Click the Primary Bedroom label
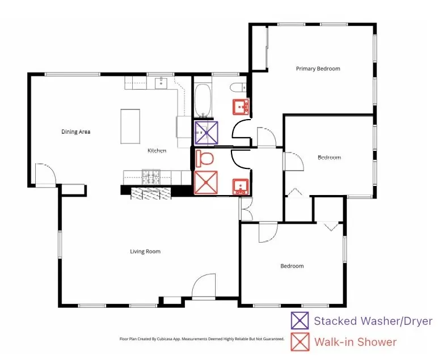(318, 69)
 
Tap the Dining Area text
(75, 132)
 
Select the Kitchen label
(157, 151)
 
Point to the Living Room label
(145, 252)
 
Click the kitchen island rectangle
(130, 126)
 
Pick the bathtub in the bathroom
(203, 100)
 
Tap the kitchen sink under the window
(161, 83)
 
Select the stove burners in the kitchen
(151, 177)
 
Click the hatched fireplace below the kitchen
(151, 193)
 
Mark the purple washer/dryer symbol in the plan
(206, 133)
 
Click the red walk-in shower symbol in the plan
(206, 183)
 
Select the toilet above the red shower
(204, 158)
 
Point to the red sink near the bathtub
(241, 107)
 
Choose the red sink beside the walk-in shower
(241, 187)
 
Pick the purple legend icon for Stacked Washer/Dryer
(300, 321)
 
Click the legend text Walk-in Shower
(355, 342)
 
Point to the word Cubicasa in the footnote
(166, 339)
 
